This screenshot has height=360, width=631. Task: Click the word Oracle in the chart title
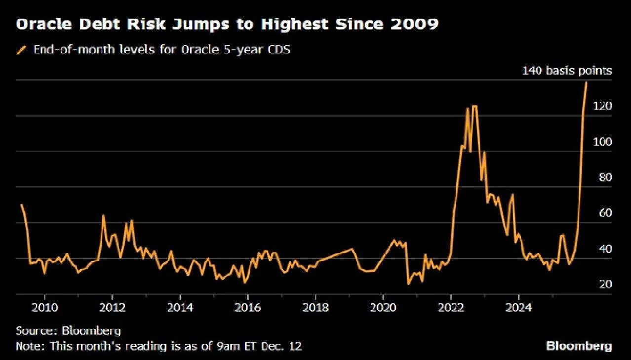(x=44, y=24)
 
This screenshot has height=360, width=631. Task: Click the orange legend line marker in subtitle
(x=21, y=50)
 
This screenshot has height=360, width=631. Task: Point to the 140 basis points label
(x=567, y=71)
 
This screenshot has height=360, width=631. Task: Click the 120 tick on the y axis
(x=602, y=106)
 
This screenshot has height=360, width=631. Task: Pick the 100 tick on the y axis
(x=602, y=142)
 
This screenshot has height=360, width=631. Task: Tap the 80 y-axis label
(x=605, y=177)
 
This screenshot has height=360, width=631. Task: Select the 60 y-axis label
(x=605, y=213)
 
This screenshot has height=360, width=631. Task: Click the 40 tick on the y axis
(x=605, y=249)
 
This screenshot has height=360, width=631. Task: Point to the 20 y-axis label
(x=605, y=284)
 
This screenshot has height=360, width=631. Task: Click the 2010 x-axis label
(x=44, y=308)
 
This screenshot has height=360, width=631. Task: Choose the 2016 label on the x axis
(x=248, y=308)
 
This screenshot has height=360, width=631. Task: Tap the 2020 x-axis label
(x=383, y=308)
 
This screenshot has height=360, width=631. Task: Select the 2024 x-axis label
(x=518, y=308)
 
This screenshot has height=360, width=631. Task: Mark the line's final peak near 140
(x=587, y=82)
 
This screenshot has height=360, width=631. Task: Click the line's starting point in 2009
(x=21, y=204)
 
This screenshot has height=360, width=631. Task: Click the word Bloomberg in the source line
(x=91, y=331)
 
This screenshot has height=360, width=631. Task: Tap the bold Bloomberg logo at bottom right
(x=579, y=346)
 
